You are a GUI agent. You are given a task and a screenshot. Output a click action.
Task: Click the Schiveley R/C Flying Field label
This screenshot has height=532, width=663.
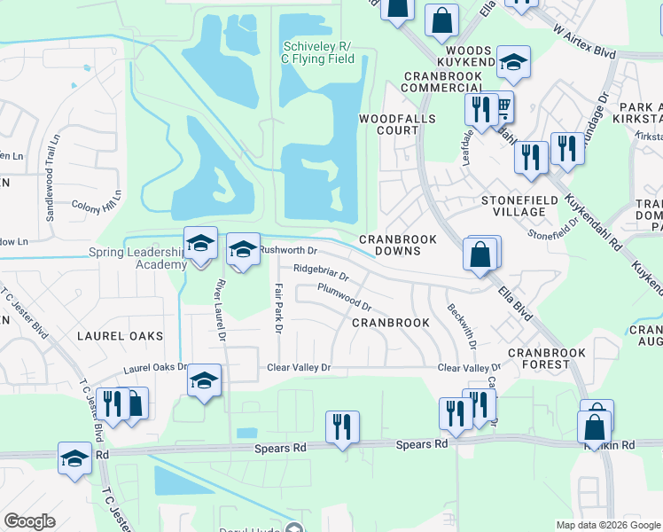point(318,52)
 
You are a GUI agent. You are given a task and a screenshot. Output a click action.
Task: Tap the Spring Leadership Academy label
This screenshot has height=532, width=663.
point(137,259)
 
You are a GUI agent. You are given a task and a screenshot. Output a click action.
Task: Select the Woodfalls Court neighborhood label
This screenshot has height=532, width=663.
point(388,124)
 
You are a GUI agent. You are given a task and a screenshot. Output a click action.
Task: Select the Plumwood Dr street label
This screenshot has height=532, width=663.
point(345,297)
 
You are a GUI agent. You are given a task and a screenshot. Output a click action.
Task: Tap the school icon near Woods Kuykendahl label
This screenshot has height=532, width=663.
point(512,62)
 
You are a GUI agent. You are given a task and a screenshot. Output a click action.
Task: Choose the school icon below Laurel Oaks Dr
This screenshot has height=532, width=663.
point(204,380)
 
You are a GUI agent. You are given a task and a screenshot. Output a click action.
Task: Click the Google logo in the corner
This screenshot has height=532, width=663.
point(29,521)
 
